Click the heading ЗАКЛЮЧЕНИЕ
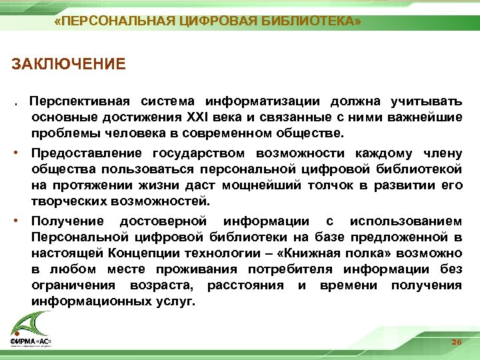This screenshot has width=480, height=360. [69, 65]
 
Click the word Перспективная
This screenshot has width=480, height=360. [83, 101]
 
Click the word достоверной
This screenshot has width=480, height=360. [163, 221]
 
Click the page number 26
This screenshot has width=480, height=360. [456, 341]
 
